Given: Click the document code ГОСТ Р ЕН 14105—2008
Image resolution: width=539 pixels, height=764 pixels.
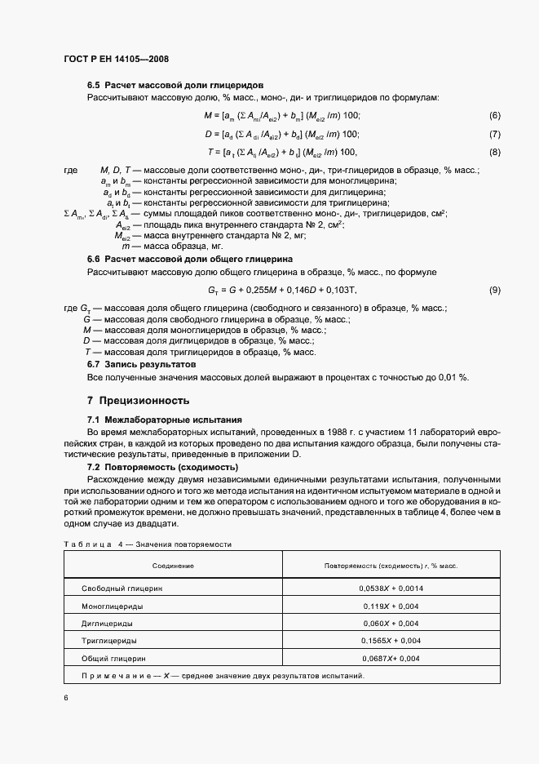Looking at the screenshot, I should point(115,60).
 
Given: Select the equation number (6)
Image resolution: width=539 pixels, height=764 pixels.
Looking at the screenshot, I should point(494,116).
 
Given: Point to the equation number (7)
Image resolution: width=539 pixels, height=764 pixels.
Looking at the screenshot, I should point(494,134).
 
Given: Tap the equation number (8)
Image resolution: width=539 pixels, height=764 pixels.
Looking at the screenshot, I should point(494,152).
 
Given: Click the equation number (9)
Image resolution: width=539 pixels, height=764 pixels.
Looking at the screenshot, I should point(494,291).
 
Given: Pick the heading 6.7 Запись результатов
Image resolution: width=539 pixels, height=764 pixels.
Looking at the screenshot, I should point(142,363).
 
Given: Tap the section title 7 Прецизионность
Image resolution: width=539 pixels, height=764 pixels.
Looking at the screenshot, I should point(138,401).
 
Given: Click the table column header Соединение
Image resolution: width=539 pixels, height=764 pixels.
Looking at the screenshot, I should point(173,565).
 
